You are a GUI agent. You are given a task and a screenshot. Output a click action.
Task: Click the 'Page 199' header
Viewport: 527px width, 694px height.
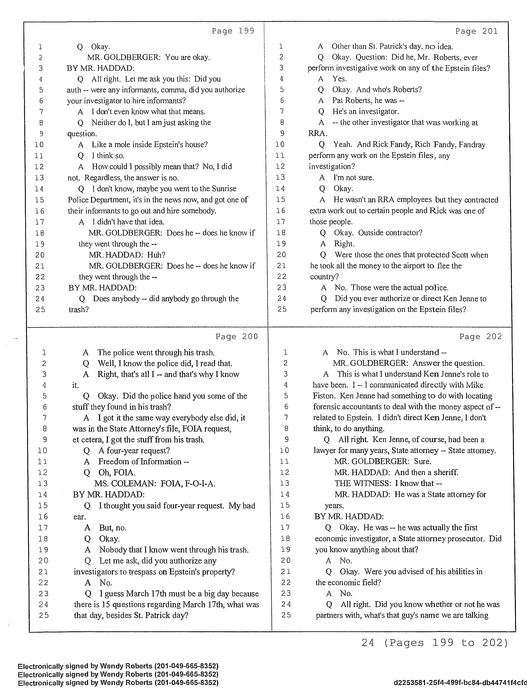(233, 31)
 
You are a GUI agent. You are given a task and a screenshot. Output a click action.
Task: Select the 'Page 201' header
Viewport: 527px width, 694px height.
(476, 31)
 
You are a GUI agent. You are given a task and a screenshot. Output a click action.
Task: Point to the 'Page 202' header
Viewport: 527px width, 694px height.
(480, 336)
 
